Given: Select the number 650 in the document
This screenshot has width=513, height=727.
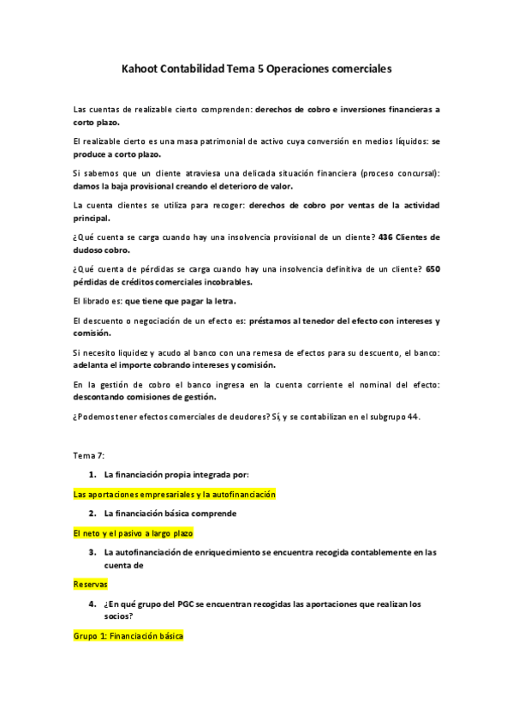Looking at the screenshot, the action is pos(432,268).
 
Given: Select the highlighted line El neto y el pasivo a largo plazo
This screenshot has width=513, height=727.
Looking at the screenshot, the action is pos(133,532).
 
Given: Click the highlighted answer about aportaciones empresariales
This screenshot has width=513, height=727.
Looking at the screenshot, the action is pos(175,495).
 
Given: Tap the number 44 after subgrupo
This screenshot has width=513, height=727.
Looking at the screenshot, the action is pos(413,418).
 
